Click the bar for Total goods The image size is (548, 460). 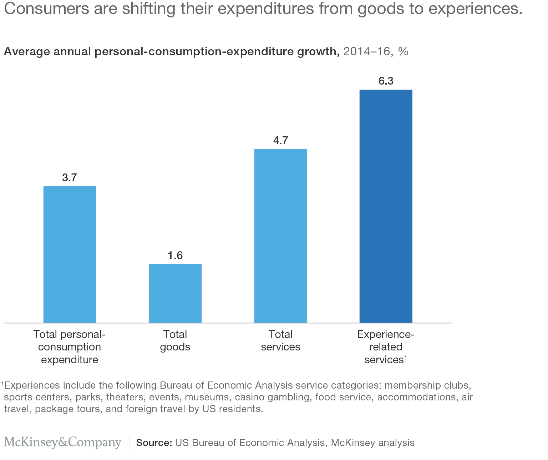click(175, 293)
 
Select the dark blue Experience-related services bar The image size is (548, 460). click(386, 206)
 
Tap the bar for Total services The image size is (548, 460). click(280, 236)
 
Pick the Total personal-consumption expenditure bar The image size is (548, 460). click(70, 254)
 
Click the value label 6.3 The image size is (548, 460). click(386, 81)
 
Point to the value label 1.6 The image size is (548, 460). click(175, 256)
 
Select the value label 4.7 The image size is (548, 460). click(280, 141)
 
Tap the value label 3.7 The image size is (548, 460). click(70, 178)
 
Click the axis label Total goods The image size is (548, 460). click(175, 341)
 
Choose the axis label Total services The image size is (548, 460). click(280, 341)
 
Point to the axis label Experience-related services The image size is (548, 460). click(385, 347)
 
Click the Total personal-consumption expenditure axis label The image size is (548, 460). click(70, 347)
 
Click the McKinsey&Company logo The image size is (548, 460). click(62, 443)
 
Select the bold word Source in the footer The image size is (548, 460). click(154, 443)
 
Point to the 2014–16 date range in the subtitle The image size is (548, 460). click(366, 52)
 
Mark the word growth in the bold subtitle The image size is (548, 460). click(319, 52)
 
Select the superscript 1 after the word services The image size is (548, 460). click(406, 357)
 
